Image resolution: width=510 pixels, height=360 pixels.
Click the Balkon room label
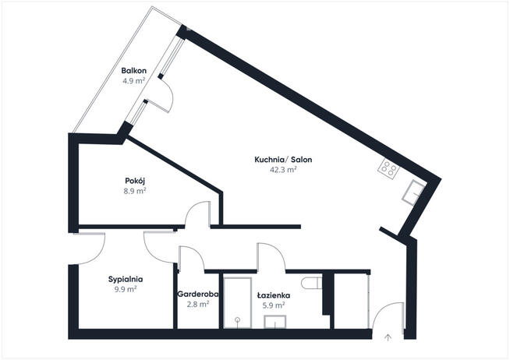134,70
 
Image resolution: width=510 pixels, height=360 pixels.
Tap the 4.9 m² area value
134,80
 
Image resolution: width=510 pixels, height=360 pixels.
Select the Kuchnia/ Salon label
277,160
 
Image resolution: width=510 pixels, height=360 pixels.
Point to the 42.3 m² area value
277,170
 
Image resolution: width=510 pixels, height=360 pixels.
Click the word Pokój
136,181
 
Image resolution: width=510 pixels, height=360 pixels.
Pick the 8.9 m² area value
136,191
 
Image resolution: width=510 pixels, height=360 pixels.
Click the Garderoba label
197,295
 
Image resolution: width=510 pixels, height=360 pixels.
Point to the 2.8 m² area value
197,305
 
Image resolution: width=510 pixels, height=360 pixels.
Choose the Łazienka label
274,295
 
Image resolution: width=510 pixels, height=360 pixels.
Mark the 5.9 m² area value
274,305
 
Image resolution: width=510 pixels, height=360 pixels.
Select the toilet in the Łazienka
310,282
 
